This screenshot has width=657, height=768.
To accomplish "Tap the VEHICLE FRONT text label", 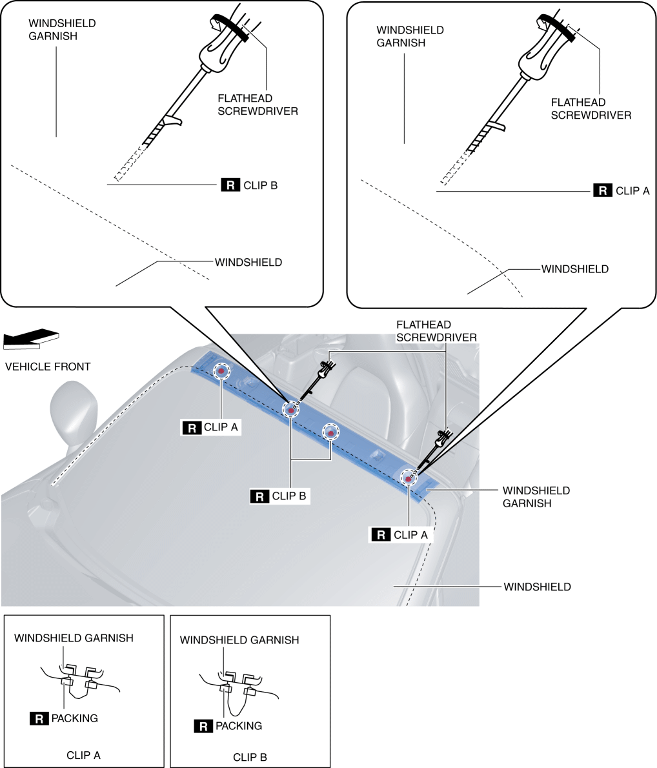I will [x=48, y=367].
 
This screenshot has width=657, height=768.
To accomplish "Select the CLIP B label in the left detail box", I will [x=259, y=185].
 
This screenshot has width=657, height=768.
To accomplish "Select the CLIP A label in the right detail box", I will [x=632, y=190].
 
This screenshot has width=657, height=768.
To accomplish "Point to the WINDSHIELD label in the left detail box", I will [x=248, y=263].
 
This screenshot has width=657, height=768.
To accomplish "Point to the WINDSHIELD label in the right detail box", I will [x=574, y=268].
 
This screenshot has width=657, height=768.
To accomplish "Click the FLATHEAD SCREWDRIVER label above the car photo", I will [x=436, y=331].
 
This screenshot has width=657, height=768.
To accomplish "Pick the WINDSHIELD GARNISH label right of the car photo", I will [x=536, y=497].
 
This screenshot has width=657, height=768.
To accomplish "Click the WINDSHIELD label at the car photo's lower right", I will [x=537, y=587].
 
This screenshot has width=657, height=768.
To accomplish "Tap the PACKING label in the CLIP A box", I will [x=74, y=718].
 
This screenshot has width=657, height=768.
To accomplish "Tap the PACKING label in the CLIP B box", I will [x=239, y=725].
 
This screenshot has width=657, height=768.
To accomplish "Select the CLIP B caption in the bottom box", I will [x=249, y=757].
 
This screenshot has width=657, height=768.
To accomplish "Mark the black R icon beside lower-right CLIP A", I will [x=381, y=535].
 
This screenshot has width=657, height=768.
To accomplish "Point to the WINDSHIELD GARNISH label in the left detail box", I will [x=62, y=30].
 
